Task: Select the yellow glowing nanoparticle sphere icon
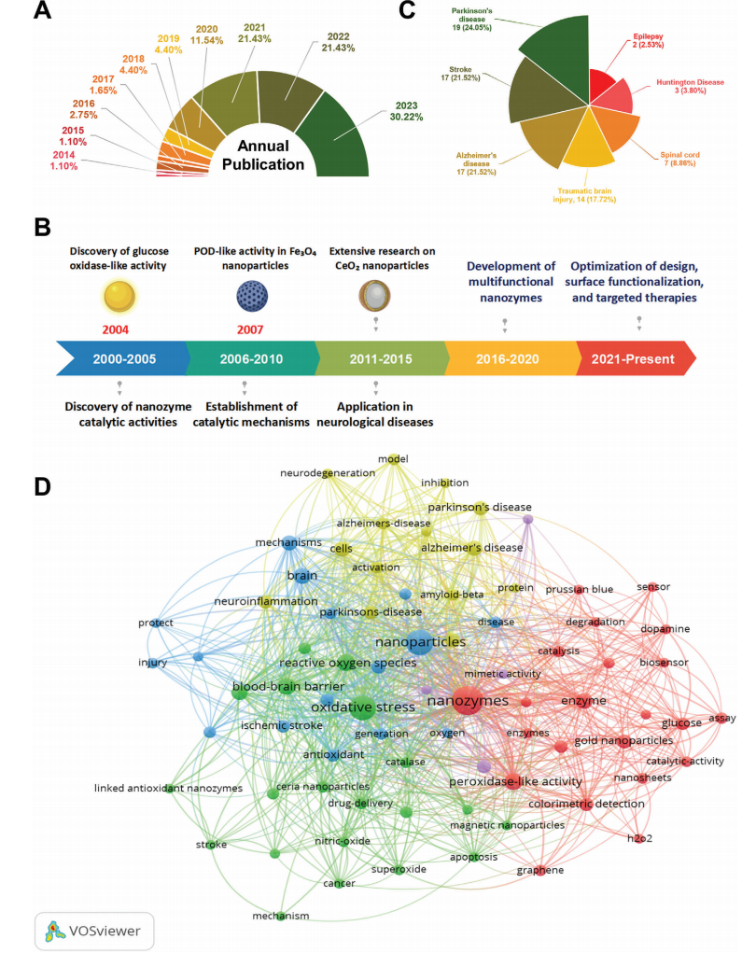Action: [x=117, y=296]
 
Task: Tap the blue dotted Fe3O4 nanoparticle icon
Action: [x=245, y=297]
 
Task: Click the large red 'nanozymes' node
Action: [x=467, y=700]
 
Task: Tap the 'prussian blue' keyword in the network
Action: [x=580, y=589]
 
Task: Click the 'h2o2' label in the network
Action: [x=639, y=838]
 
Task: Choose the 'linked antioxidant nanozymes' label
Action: [x=168, y=789]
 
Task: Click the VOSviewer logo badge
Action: [x=93, y=931]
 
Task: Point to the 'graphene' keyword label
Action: [x=540, y=870]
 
